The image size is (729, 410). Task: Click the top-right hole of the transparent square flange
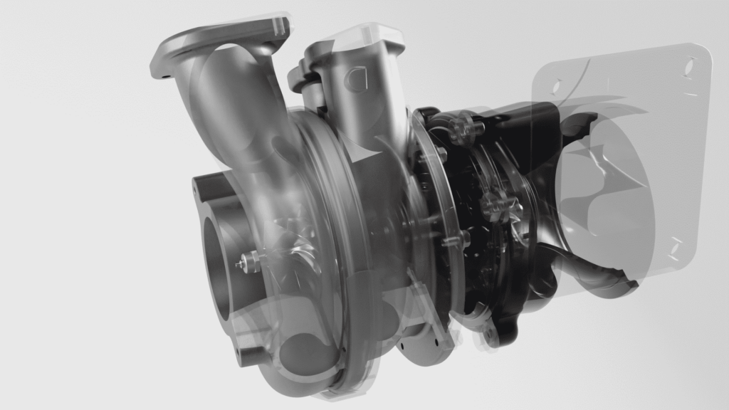[690, 66]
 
